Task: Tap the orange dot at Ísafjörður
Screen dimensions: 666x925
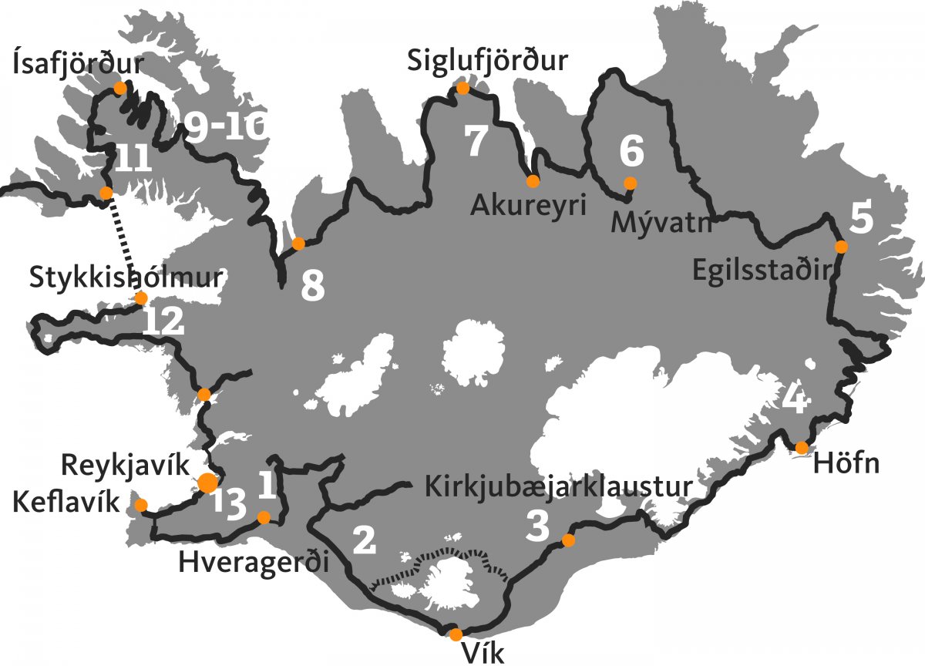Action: pyautogui.click(x=120, y=88)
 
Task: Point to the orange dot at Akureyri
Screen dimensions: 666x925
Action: pyautogui.click(x=533, y=182)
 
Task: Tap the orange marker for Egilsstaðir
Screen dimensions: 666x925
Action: pyautogui.click(x=841, y=247)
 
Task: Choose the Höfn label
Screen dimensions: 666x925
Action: pyautogui.click(x=846, y=465)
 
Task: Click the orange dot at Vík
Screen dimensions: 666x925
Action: pyautogui.click(x=456, y=634)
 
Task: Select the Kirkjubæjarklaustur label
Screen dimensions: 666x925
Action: pyautogui.click(x=557, y=487)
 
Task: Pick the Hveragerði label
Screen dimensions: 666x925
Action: pyautogui.click(x=254, y=562)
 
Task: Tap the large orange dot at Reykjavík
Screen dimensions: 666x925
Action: pyautogui.click(x=207, y=483)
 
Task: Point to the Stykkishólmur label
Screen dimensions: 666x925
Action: pyautogui.click(x=126, y=276)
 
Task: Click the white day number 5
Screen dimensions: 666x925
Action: pyautogui.click(x=862, y=218)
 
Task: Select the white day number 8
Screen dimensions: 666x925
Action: pyautogui.click(x=312, y=287)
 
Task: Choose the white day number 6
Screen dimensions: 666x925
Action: pyautogui.click(x=631, y=151)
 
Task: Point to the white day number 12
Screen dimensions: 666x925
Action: pyautogui.click(x=163, y=321)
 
